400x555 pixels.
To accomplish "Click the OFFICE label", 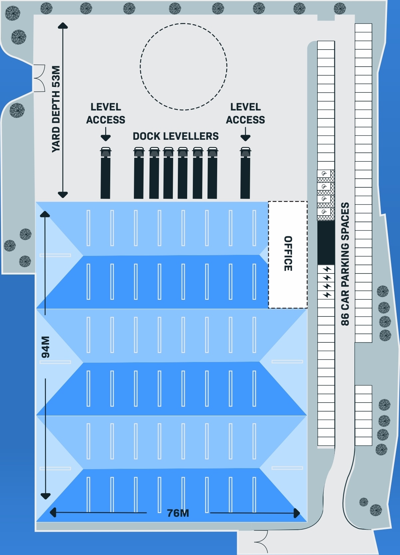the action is pyautogui.click(x=288, y=253).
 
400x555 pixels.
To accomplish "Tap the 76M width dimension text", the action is pyautogui.click(x=178, y=513).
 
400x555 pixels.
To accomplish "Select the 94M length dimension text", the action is pyautogui.click(x=46, y=347).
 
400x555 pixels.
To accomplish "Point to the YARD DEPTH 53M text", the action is pyautogui.click(x=56, y=109).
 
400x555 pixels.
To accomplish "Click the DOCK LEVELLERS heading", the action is pyautogui.click(x=176, y=136).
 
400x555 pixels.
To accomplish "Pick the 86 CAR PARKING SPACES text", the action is pyautogui.click(x=345, y=264).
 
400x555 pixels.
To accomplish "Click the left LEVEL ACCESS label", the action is pyautogui.click(x=106, y=113).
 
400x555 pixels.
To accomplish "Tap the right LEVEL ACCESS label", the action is pyautogui.click(x=245, y=113).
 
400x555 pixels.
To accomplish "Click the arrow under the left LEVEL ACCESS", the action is pyautogui.click(x=106, y=134).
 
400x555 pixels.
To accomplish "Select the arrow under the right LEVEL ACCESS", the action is pyautogui.click(x=245, y=134).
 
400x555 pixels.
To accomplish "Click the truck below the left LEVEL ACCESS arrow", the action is pyautogui.click(x=106, y=173).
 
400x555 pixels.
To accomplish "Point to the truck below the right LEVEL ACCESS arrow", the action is pyautogui.click(x=245, y=173).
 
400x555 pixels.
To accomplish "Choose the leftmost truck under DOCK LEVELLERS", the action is pyautogui.click(x=139, y=173).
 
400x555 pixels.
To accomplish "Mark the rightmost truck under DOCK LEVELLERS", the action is pyautogui.click(x=212, y=173).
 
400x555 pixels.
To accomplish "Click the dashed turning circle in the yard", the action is pyautogui.click(x=184, y=24).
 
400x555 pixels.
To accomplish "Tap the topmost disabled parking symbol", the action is pyautogui.click(x=324, y=173).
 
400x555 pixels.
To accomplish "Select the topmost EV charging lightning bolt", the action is pyautogui.click(x=327, y=269).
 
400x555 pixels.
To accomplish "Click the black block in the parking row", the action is pyautogui.click(x=326, y=243).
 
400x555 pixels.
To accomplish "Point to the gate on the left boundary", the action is pyautogui.click(x=39, y=78).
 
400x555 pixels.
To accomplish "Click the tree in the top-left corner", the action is pyautogui.click(x=12, y=13).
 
